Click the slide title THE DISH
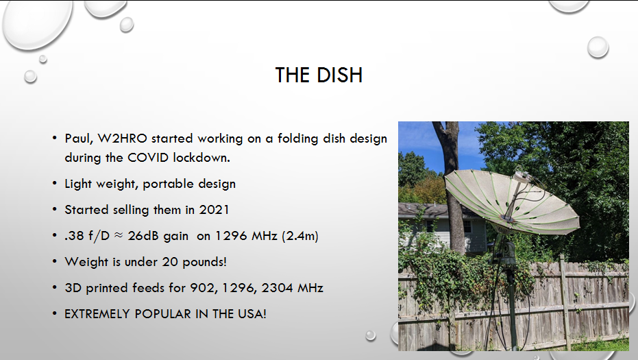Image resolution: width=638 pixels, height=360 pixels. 319,75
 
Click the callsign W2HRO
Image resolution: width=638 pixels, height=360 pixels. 122,139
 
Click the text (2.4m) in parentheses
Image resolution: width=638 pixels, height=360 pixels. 300,236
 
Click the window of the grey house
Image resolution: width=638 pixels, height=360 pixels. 467,226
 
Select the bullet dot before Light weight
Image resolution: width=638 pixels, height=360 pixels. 55,184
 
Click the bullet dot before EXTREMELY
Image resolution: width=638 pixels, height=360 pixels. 55,313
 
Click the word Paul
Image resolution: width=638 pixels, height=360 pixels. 79,139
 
